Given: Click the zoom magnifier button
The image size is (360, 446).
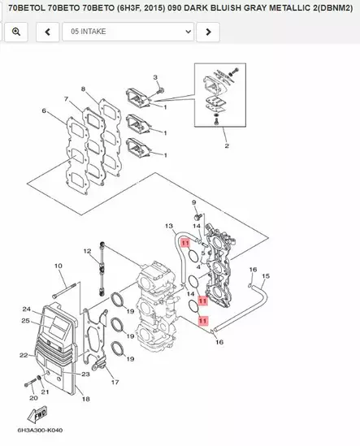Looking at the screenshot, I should pyautogui.click(x=16, y=32).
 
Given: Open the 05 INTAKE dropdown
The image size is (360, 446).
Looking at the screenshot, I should pyautogui.click(x=127, y=32).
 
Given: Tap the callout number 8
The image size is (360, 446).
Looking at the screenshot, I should pyautogui.click(x=83, y=89).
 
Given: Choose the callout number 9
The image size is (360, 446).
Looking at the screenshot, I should pyautogui.click(x=193, y=201).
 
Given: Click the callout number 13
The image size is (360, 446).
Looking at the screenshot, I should pyautogui.click(x=169, y=226).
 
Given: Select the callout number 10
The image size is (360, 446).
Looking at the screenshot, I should pyautogui.click(x=58, y=266).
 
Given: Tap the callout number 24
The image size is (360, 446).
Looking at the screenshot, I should pyautogui.click(x=26, y=310).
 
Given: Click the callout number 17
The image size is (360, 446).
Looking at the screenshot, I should pyautogui.click(x=115, y=382).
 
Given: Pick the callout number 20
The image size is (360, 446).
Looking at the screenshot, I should pyautogui.click(x=33, y=398).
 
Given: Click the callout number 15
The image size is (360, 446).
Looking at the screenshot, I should pyautogui.click(x=265, y=275).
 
